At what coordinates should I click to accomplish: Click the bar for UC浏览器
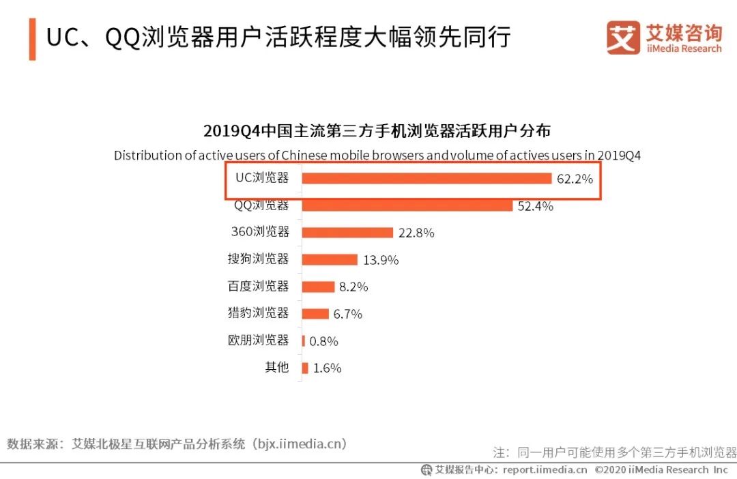[x=427, y=179]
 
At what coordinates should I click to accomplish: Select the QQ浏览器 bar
[x=407, y=205]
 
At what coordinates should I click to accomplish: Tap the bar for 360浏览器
[x=347, y=233]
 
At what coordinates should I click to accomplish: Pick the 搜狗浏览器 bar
[x=330, y=259]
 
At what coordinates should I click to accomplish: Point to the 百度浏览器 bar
[x=318, y=287]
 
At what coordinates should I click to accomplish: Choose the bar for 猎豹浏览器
[x=315, y=314]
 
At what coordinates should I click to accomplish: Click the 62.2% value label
[x=574, y=179]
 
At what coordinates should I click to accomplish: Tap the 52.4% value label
[x=535, y=206]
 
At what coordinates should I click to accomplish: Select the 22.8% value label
[x=416, y=233]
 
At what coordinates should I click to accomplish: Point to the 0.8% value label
[x=323, y=341]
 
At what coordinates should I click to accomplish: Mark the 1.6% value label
[x=327, y=368]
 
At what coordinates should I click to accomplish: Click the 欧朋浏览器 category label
[x=258, y=340]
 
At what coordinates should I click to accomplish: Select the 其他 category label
[x=277, y=367]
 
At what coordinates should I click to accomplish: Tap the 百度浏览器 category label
[x=258, y=286]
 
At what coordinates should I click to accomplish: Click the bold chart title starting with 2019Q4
[x=377, y=131]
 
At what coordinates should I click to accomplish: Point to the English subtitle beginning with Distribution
[x=377, y=156]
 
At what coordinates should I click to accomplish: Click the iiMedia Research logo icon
[x=623, y=38]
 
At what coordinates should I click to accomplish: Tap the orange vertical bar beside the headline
[x=32, y=40]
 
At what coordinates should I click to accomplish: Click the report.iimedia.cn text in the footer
[x=545, y=469]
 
